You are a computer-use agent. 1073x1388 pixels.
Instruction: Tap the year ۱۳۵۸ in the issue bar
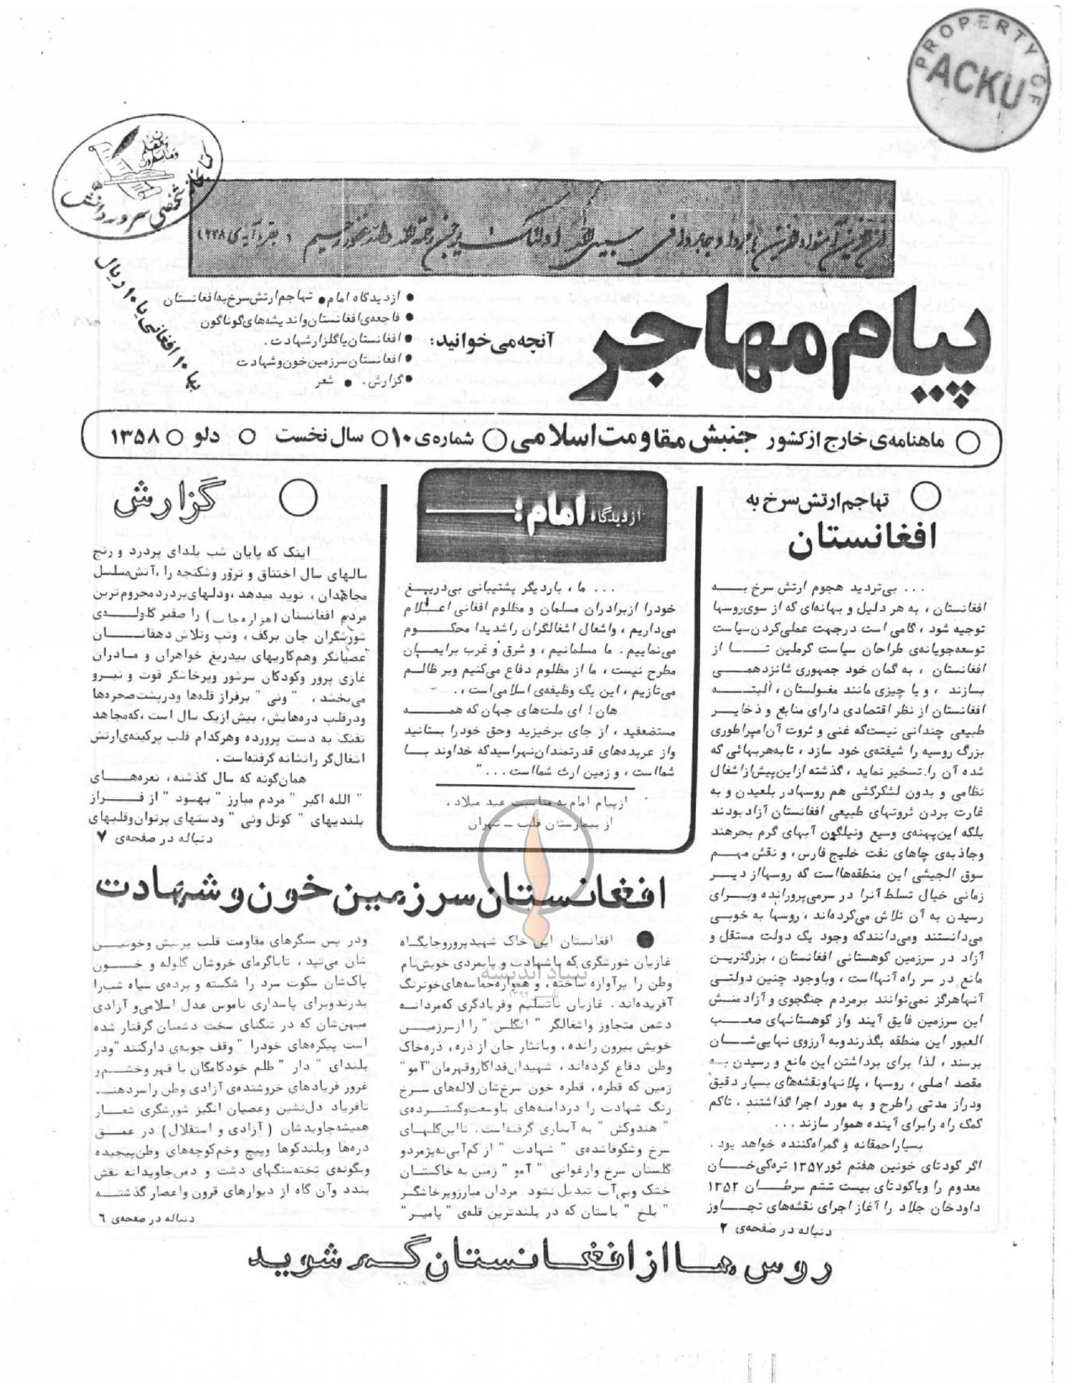coord(135,438)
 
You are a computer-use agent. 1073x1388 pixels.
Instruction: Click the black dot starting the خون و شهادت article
coord(646,937)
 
